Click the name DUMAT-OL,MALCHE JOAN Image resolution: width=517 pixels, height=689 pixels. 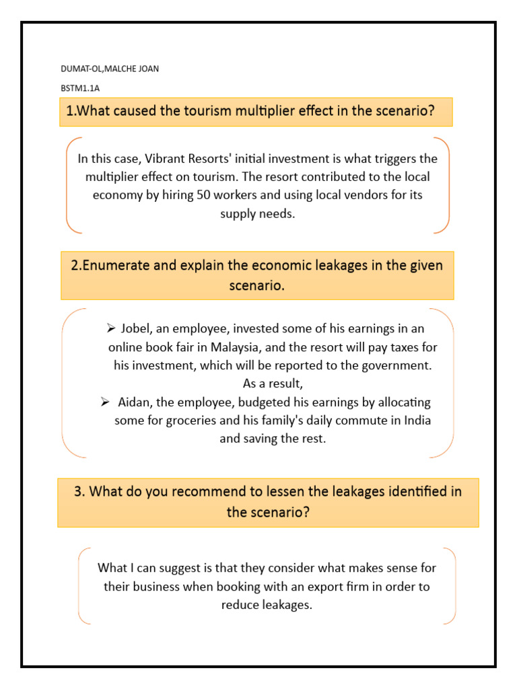point(109,69)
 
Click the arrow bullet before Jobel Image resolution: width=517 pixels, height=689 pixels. point(112,329)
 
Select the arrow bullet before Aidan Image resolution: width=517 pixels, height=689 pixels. point(105,402)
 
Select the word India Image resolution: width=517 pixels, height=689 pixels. point(416,421)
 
